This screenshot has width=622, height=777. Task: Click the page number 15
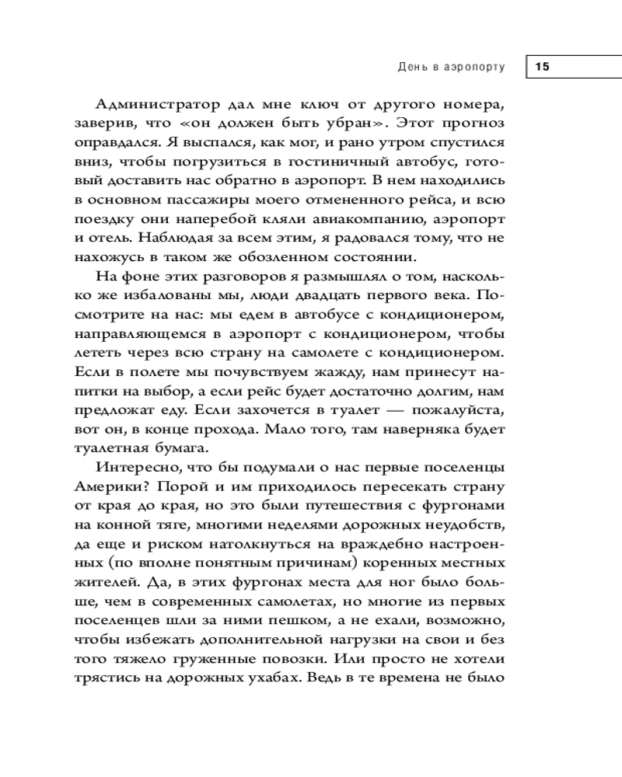[x=542, y=68]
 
